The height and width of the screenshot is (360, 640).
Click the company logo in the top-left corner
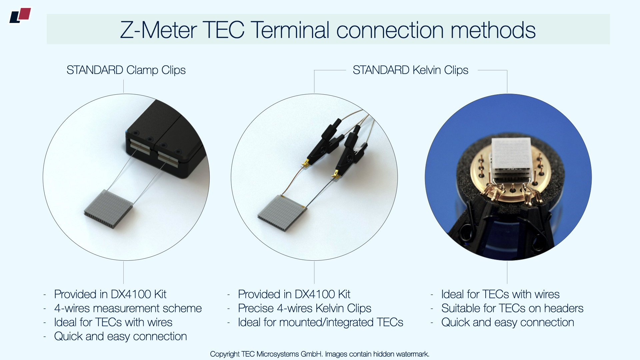point(20,16)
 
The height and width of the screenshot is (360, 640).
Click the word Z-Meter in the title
point(158,30)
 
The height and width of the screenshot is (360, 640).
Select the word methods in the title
point(493,30)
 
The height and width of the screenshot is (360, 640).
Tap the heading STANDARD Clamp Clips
point(126,70)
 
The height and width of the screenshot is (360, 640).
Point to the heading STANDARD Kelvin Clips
point(410,70)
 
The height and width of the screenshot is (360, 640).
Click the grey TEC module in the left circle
point(108,209)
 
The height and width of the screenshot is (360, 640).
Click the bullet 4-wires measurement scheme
point(128,308)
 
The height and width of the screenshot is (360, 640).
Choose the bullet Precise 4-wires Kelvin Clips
point(305,308)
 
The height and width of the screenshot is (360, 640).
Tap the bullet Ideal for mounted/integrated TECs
point(321,322)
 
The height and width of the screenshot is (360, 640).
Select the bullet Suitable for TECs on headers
point(512,308)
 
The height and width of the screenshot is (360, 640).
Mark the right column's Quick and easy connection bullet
point(508,322)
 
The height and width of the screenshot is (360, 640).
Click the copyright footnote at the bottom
point(320,354)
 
